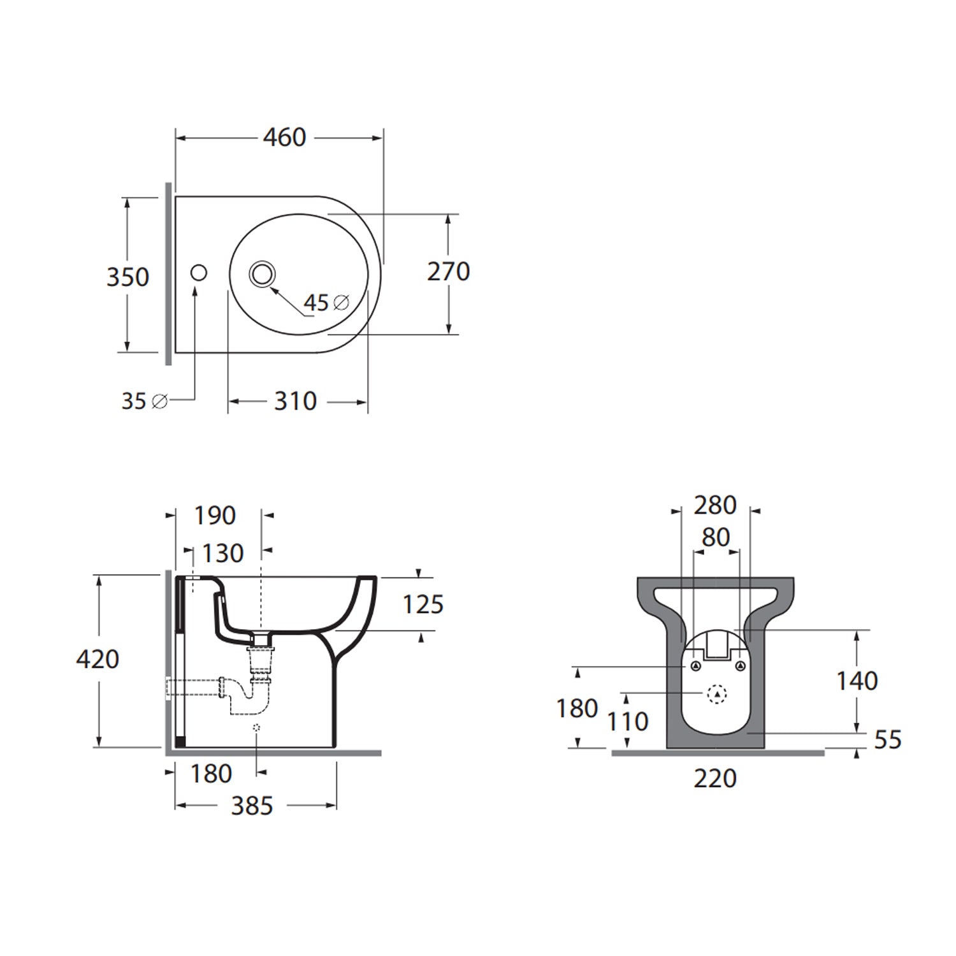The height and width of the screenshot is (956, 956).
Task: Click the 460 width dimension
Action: tap(284, 137)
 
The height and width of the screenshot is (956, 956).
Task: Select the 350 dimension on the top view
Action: tap(127, 277)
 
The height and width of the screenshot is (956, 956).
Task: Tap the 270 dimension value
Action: tap(448, 272)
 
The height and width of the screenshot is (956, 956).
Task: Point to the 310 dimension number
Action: tap(295, 402)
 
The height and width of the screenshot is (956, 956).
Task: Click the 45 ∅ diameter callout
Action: tap(326, 303)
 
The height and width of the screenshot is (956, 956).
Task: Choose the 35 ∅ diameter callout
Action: tap(144, 402)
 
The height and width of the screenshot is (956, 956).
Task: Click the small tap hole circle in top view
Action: tap(199, 273)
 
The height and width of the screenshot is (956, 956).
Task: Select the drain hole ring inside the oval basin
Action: tap(262, 274)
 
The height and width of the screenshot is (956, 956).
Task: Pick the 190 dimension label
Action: tap(215, 516)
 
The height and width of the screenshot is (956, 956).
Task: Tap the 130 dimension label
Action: tap(222, 553)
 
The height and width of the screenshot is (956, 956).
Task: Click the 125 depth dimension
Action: tap(423, 604)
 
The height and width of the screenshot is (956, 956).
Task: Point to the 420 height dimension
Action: tap(98, 659)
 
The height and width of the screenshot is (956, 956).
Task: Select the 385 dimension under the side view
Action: tap(252, 806)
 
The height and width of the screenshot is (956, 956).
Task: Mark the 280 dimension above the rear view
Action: tap(715, 505)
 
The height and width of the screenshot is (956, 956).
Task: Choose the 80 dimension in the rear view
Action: tap(715, 537)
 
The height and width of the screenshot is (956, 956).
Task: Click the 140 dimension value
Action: tap(857, 681)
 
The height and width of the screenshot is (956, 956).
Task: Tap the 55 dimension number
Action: tap(887, 740)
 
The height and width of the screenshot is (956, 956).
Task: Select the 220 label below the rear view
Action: tap(715, 778)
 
